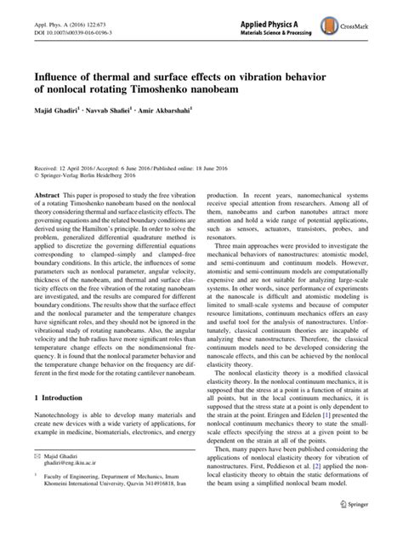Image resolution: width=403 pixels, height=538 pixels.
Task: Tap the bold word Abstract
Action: pyautogui.click(x=44, y=219)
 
